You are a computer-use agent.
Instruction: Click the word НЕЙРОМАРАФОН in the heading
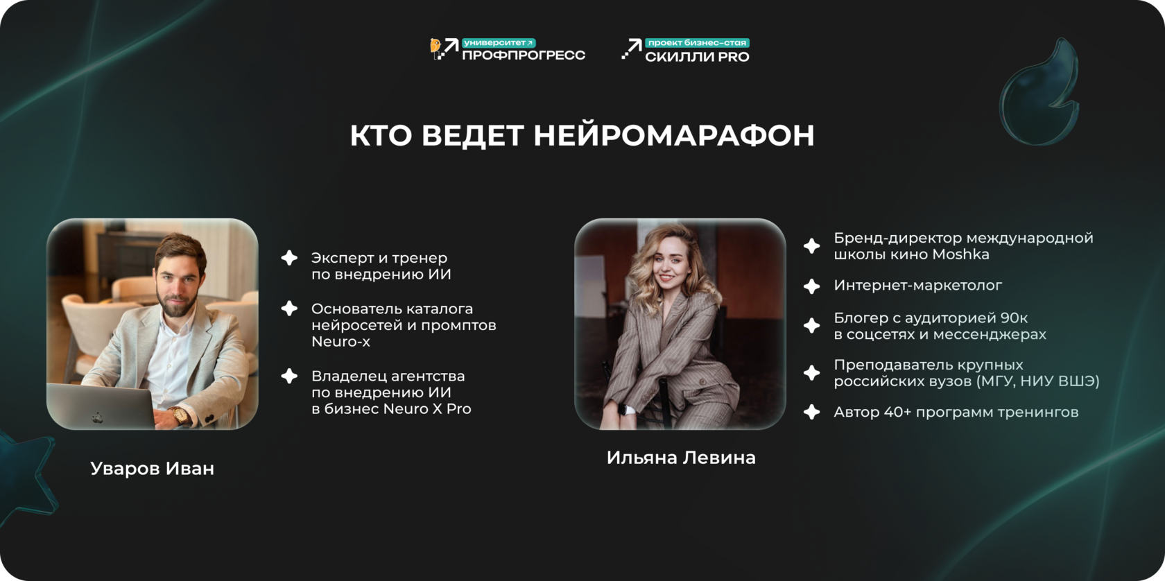coord(673,135)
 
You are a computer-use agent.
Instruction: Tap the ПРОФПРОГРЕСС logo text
coord(523,55)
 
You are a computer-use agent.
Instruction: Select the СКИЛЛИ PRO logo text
coord(697,57)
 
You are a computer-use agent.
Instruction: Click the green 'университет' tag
coord(498,43)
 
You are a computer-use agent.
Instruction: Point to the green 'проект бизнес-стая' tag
coord(697,43)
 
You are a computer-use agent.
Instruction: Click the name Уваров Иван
coord(153,469)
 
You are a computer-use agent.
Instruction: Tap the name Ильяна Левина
coord(681,458)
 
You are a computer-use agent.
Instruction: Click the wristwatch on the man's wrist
coord(180,415)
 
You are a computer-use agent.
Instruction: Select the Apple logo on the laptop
coord(97,417)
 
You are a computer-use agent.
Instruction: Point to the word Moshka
coord(960,254)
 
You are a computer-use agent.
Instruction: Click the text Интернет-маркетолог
coord(917,286)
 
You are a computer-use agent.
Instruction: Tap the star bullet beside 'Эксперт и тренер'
coord(289,258)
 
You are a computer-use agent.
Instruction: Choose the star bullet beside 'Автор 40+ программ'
coord(811,412)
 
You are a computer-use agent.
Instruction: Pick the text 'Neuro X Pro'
coord(427,409)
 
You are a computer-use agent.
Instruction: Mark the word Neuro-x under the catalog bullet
coord(340,342)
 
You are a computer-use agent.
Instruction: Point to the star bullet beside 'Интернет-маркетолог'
coord(811,286)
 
